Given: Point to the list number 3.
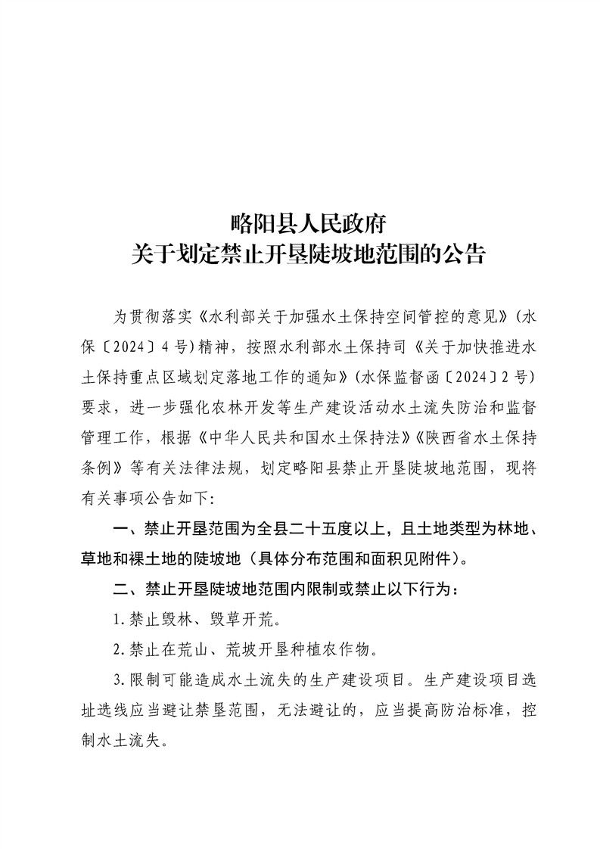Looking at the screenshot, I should point(117,680).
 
